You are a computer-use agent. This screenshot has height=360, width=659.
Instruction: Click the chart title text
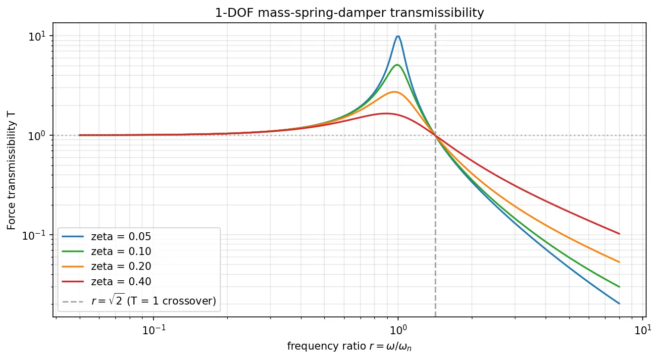click(350, 13)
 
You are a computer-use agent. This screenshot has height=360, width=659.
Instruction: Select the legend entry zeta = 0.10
click(121, 252)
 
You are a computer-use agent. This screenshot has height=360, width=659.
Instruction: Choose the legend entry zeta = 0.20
click(121, 266)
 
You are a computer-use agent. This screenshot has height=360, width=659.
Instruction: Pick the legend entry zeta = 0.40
click(121, 281)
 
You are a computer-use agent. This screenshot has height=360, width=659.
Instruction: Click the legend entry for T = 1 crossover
click(153, 301)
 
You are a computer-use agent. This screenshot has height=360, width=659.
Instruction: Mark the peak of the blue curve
click(398, 36)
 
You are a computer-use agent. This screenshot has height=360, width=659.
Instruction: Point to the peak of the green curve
click(397, 65)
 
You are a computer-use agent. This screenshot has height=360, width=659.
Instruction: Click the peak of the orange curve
click(394, 92)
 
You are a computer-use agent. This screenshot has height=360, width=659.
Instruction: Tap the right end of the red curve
click(619, 234)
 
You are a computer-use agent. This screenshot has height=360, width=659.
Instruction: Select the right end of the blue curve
click(619, 304)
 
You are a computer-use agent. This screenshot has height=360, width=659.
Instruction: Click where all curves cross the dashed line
click(435, 135)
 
